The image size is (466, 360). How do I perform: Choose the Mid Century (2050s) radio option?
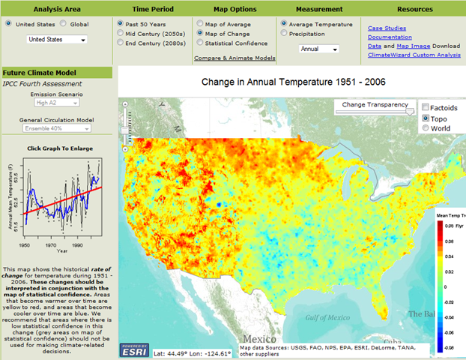pos(121,33)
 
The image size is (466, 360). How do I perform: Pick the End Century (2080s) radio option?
pos(121,43)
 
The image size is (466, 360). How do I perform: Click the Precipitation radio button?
pos(283,33)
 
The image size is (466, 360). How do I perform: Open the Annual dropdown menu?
pos(318,49)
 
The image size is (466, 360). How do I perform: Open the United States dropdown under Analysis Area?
pos(56,39)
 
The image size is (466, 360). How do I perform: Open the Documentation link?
pos(390,37)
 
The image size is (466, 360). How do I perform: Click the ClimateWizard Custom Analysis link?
pos(414,55)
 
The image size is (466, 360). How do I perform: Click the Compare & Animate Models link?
pos(234,58)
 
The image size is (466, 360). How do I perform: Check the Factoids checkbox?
pos(426,108)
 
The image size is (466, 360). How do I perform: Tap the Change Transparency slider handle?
pos(410,110)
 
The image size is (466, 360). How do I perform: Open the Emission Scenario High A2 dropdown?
pos(57,104)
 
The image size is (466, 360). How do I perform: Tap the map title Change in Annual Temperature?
pos(294,81)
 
